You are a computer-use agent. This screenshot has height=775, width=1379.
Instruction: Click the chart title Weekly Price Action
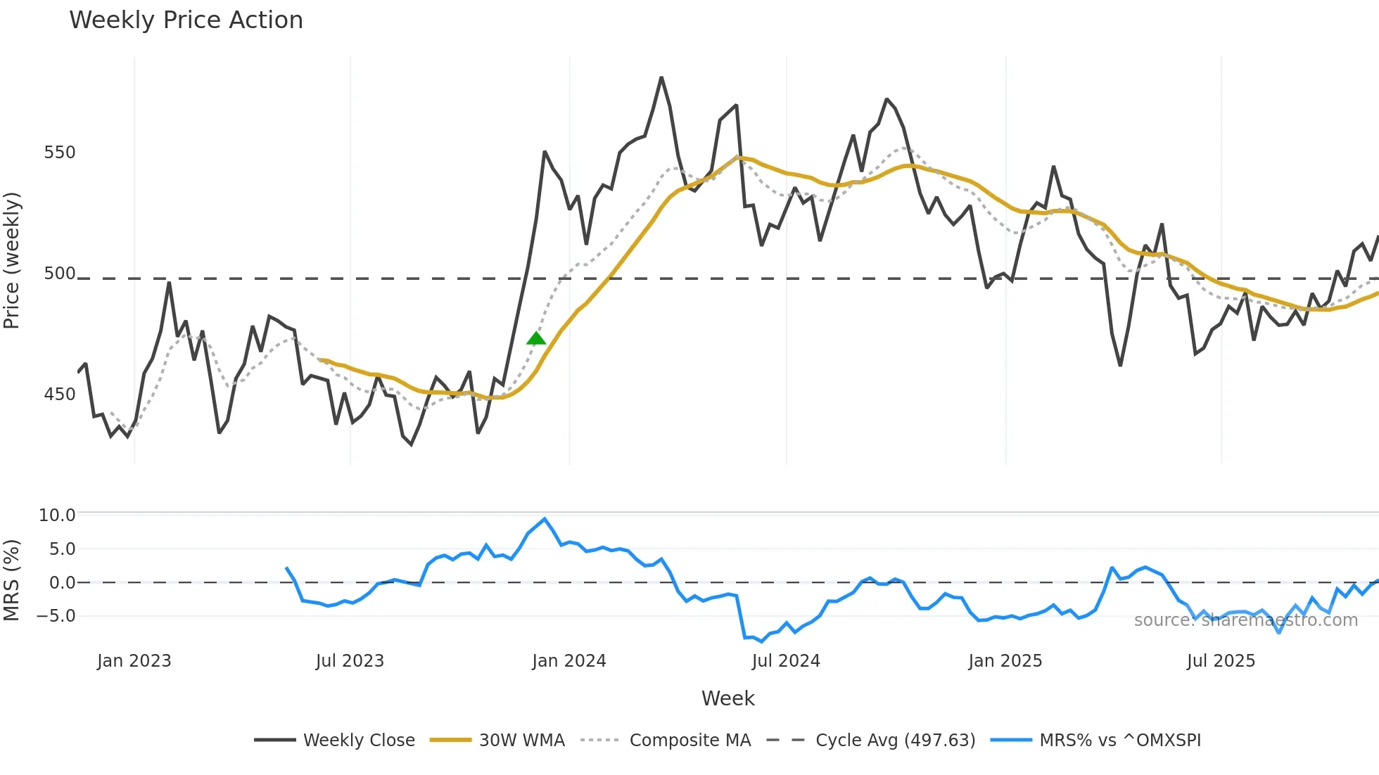[186, 20]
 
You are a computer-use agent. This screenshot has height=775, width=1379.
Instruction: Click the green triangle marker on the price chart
[536, 339]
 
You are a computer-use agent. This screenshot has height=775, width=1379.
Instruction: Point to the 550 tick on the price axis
[59, 153]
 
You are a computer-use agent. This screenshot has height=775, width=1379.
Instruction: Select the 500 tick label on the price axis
[59, 274]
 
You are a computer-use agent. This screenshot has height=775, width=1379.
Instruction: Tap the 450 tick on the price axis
[59, 395]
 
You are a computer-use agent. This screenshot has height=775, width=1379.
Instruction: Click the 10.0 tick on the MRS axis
[56, 515]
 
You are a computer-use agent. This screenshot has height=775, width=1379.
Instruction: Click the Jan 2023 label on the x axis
[134, 661]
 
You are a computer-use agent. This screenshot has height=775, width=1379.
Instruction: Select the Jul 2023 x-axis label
[350, 661]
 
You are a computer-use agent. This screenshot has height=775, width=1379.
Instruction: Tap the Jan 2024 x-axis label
[568, 661]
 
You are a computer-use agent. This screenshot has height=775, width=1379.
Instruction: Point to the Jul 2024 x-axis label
[786, 661]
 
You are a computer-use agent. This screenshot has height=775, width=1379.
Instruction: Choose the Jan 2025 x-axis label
[1005, 661]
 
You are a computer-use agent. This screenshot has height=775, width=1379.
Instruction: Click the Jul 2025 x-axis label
[1221, 661]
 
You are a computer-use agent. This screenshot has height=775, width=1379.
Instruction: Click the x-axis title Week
[727, 698]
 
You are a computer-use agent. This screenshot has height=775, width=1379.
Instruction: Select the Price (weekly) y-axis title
[12, 260]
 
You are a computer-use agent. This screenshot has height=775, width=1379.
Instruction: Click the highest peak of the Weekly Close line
[661, 78]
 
